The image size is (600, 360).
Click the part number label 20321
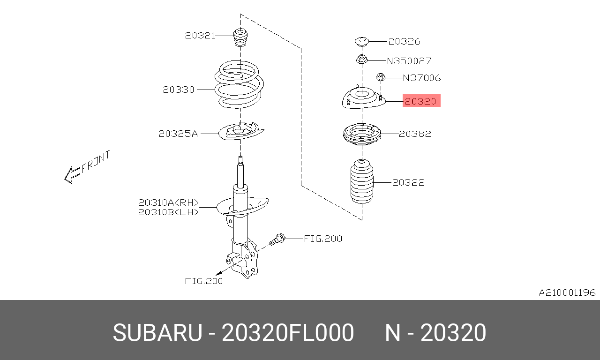[200, 35]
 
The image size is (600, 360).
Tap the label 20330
[179, 90]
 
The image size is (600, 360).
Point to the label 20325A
[178, 134]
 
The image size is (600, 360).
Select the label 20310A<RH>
[168, 203]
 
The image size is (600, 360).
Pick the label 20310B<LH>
[168, 212]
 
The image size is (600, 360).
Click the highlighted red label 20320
[421, 101]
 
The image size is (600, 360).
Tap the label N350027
[409, 61]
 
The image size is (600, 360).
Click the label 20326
[404, 41]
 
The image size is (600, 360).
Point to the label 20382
[415, 134]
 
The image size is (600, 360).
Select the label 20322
[408, 182]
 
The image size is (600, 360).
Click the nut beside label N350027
[361, 60]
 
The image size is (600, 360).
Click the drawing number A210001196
[567, 293]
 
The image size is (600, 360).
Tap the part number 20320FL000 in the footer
[287, 333]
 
